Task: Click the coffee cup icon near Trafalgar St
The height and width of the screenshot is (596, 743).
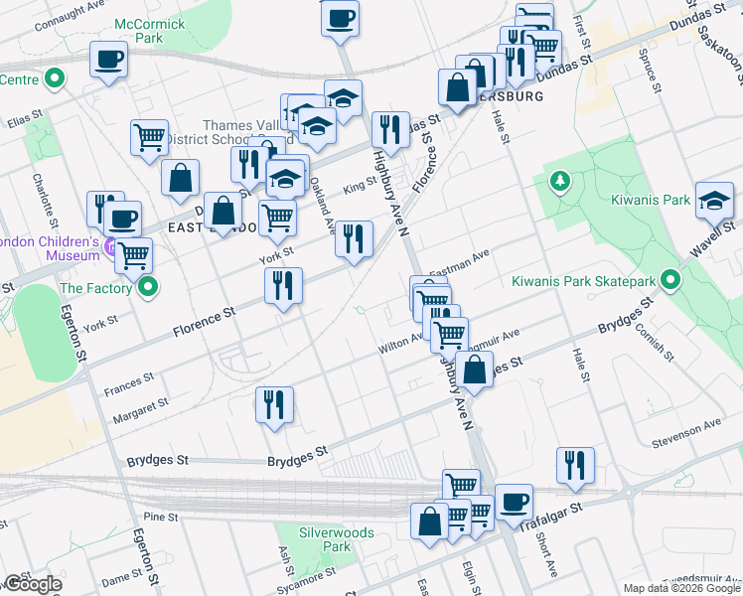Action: click(514, 503)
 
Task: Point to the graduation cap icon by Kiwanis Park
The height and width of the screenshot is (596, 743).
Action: click(715, 202)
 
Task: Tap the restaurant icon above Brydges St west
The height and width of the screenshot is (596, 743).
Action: click(273, 405)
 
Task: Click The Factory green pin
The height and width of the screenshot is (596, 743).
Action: click(149, 288)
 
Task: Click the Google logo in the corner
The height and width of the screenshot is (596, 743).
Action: click(32, 584)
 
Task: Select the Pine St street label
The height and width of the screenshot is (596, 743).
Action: click(159, 517)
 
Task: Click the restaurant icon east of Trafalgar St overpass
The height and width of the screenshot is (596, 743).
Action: click(575, 466)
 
